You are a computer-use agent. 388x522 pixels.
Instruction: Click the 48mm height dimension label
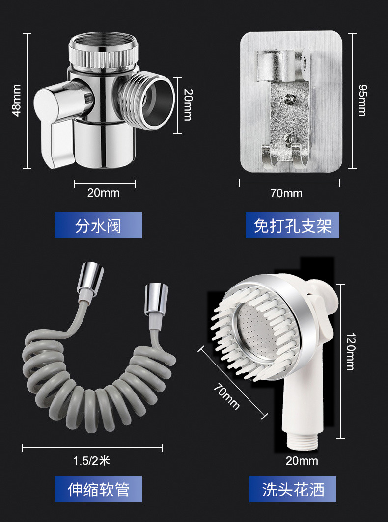click(16, 100)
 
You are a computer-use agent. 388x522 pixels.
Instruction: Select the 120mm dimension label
click(350, 352)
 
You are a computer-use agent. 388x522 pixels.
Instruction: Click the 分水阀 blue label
click(98, 225)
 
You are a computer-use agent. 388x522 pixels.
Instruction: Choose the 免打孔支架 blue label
click(292, 225)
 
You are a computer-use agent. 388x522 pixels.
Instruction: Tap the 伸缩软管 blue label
click(98, 490)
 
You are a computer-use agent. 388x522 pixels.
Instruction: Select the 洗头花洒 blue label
click(292, 490)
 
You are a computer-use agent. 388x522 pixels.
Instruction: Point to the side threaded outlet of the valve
click(147, 100)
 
